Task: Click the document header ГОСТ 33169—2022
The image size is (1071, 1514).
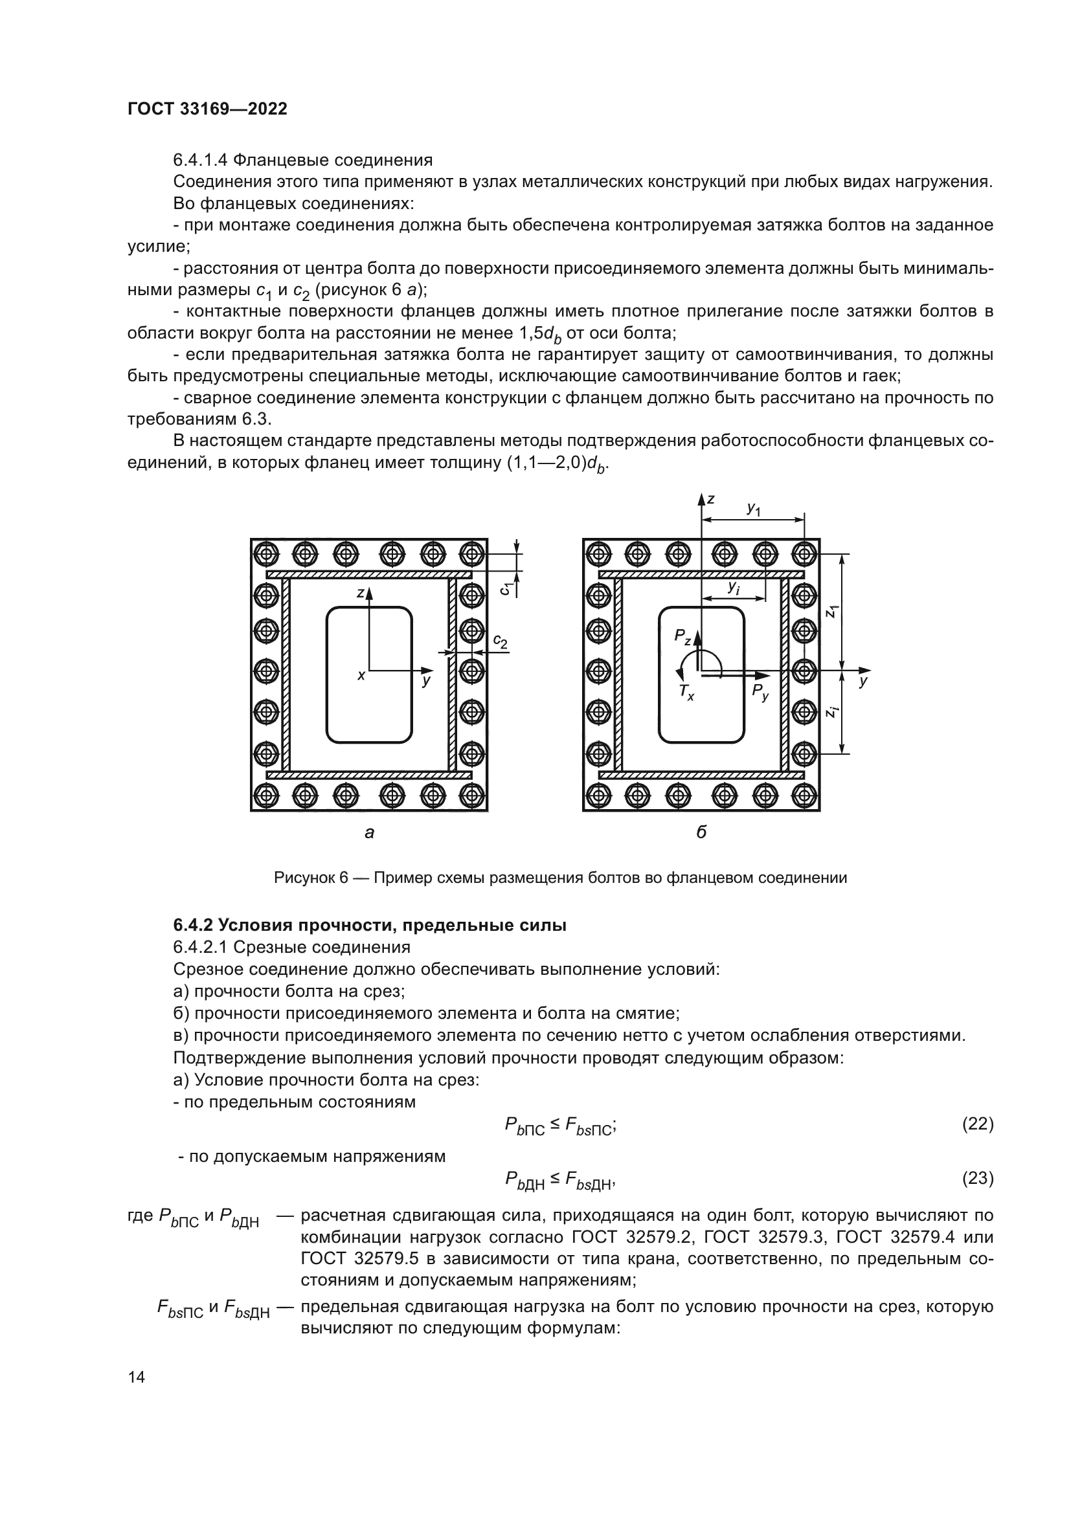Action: click(x=207, y=109)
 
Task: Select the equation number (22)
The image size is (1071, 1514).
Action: click(x=977, y=1124)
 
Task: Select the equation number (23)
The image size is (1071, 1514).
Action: click(x=977, y=1177)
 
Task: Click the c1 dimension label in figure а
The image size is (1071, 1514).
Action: click(x=504, y=588)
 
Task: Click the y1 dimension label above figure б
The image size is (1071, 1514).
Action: click(x=754, y=509)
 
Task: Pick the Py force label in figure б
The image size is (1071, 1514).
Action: click(x=760, y=691)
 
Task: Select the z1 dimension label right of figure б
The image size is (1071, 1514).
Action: click(x=832, y=611)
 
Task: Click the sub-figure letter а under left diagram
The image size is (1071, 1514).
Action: click(x=369, y=833)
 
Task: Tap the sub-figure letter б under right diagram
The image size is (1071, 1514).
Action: click(x=701, y=832)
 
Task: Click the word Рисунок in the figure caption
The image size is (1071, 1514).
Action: click(x=306, y=878)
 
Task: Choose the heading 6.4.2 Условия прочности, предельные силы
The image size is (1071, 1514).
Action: click(x=369, y=925)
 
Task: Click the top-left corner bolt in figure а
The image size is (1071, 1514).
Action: click(x=266, y=554)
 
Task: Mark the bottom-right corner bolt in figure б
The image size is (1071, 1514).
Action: click(x=804, y=796)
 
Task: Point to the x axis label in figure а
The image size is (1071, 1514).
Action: click(x=361, y=675)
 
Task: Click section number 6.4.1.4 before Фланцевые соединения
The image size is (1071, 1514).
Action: click(x=201, y=161)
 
